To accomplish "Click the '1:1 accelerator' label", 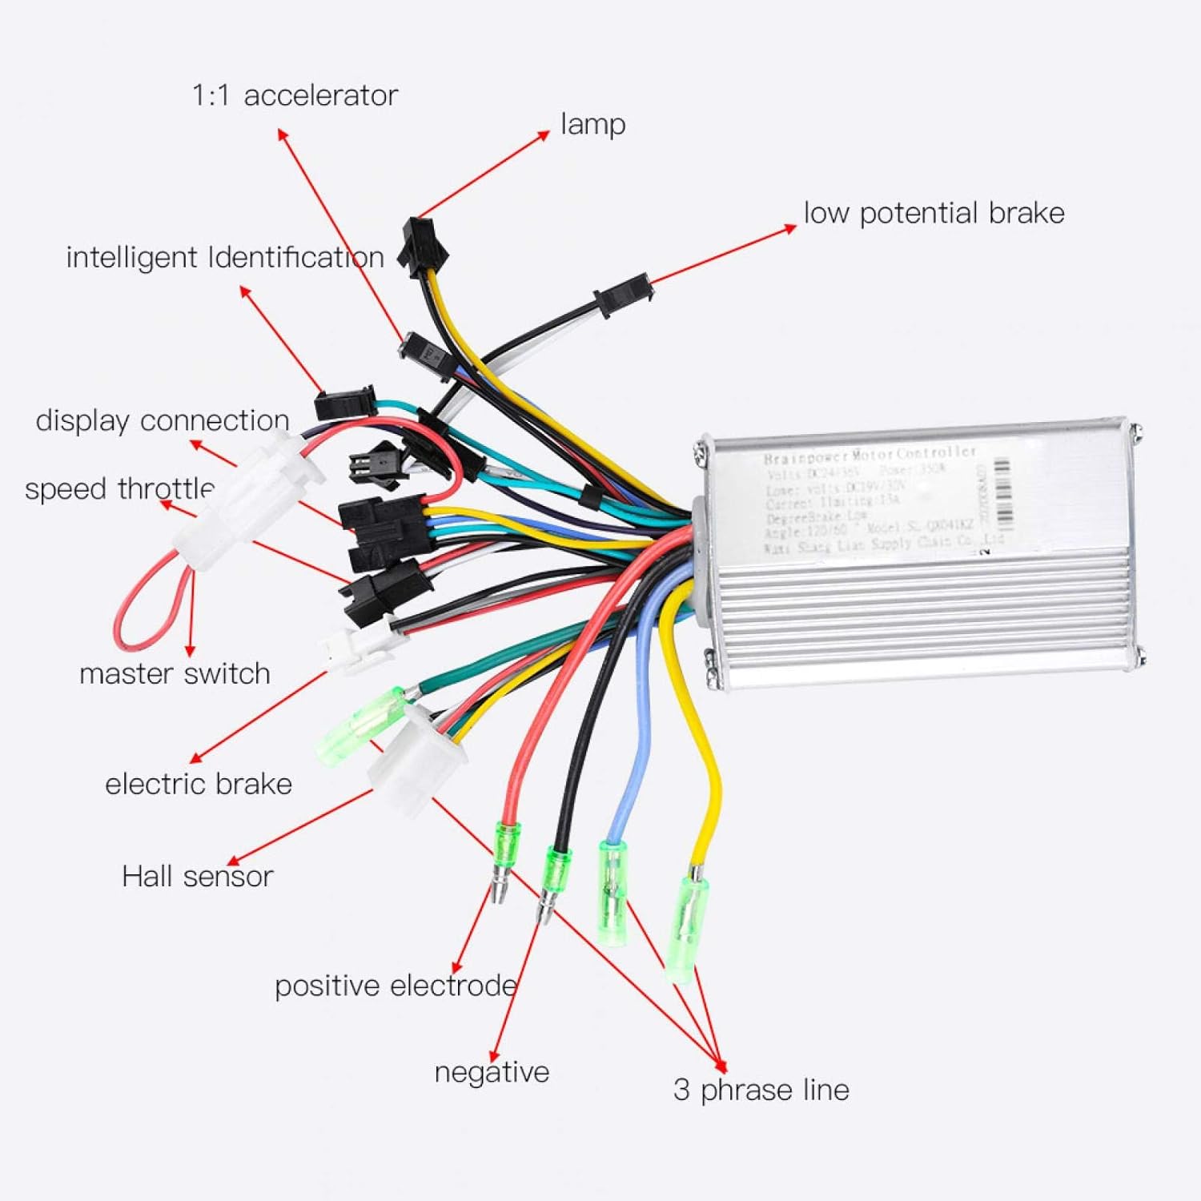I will (x=295, y=95).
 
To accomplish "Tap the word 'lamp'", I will (x=592, y=124).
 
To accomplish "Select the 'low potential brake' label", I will (x=934, y=213).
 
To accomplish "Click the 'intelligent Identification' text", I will (x=224, y=258).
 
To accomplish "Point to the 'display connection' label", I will (x=162, y=420).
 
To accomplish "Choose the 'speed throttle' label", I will (x=119, y=488).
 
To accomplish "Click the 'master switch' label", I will (x=175, y=673).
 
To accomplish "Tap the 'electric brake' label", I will (x=198, y=784).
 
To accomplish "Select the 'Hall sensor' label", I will (x=197, y=876).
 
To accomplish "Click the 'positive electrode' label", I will (x=395, y=986).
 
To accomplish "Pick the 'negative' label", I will (x=492, y=1072).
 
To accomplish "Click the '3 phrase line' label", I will (x=761, y=1090).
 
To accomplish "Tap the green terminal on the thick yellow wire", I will (x=688, y=929).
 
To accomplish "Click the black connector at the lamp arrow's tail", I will (x=423, y=244).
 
